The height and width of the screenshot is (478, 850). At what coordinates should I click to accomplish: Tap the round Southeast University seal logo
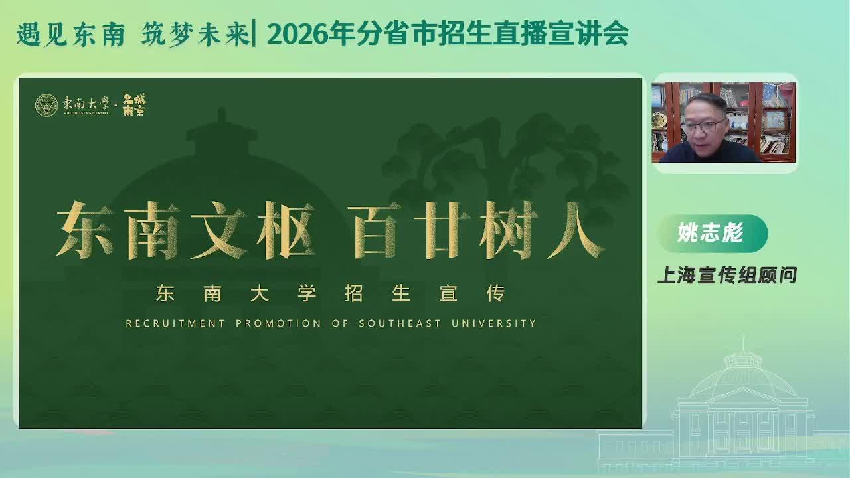pyautogui.click(x=46, y=105)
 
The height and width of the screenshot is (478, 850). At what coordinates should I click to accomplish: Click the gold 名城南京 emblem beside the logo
pyautogui.click(x=134, y=105)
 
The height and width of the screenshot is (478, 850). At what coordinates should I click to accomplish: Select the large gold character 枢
pyautogui.click(x=286, y=230)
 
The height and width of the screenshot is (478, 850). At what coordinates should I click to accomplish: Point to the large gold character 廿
pyautogui.click(x=442, y=230)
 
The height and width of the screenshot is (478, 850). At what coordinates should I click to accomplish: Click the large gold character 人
pyautogui.click(x=576, y=230)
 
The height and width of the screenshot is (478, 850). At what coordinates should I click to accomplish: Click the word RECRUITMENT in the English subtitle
pyautogui.click(x=175, y=323)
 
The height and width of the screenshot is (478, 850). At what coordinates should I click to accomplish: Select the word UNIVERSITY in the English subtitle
pyautogui.click(x=493, y=323)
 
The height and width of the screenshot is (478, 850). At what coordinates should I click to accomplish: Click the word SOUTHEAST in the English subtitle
pyautogui.click(x=400, y=323)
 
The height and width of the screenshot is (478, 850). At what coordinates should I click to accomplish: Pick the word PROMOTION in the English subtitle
pyautogui.click(x=278, y=323)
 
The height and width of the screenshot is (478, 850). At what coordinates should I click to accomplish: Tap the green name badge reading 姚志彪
pyautogui.click(x=713, y=233)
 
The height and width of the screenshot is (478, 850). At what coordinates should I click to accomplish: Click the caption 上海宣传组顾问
pyautogui.click(x=727, y=275)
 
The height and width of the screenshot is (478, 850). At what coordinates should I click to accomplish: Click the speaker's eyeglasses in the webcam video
pyautogui.click(x=703, y=125)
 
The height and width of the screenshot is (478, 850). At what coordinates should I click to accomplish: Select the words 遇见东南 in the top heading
pyautogui.click(x=71, y=35)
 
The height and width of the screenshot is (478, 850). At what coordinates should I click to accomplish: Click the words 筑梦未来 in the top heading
pyautogui.click(x=195, y=35)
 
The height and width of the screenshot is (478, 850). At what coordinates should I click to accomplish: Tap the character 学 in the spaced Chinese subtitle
pyautogui.click(x=307, y=293)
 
